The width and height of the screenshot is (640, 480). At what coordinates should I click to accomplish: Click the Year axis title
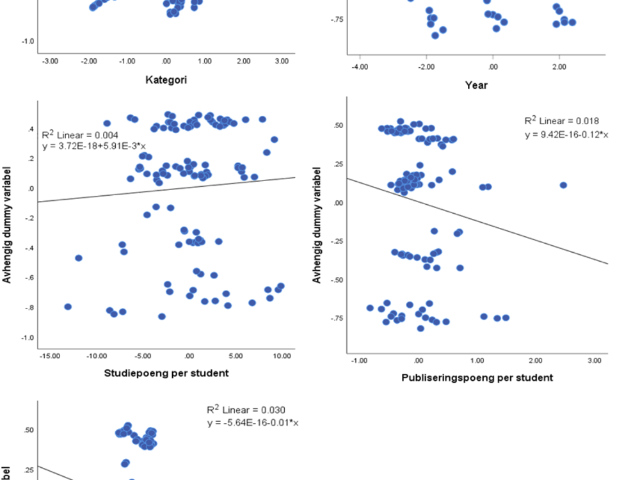click(x=476, y=84)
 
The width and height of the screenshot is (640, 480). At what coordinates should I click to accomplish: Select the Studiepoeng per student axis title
click(x=166, y=373)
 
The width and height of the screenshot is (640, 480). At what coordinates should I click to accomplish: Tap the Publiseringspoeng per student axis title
click(x=477, y=378)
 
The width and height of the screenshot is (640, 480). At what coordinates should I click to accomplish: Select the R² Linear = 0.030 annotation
click(x=246, y=410)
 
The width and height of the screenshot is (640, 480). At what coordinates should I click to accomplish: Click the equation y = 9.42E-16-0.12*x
click(x=566, y=134)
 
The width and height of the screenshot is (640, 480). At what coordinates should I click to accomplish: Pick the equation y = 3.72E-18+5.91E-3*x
click(x=94, y=146)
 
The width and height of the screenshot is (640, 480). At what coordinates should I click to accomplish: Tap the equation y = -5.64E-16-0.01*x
click(x=253, y=423)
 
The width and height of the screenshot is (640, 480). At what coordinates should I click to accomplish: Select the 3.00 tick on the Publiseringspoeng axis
click(x=594, y=360)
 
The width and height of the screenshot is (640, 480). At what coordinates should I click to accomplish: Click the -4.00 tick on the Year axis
click(x=360, y=67)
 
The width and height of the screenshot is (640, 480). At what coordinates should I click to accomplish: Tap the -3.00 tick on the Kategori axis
click(x=50, y=61)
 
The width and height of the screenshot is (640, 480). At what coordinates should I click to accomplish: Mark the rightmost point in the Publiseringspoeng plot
click(x=563, y=185)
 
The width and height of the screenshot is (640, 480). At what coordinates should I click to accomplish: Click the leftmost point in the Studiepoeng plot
click(x=68, y=307)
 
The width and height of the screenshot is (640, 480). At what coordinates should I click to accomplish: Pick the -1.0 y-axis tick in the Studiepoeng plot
click(x=29, y=337)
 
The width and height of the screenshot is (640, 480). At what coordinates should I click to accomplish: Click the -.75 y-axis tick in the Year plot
click(x=337, y=20)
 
